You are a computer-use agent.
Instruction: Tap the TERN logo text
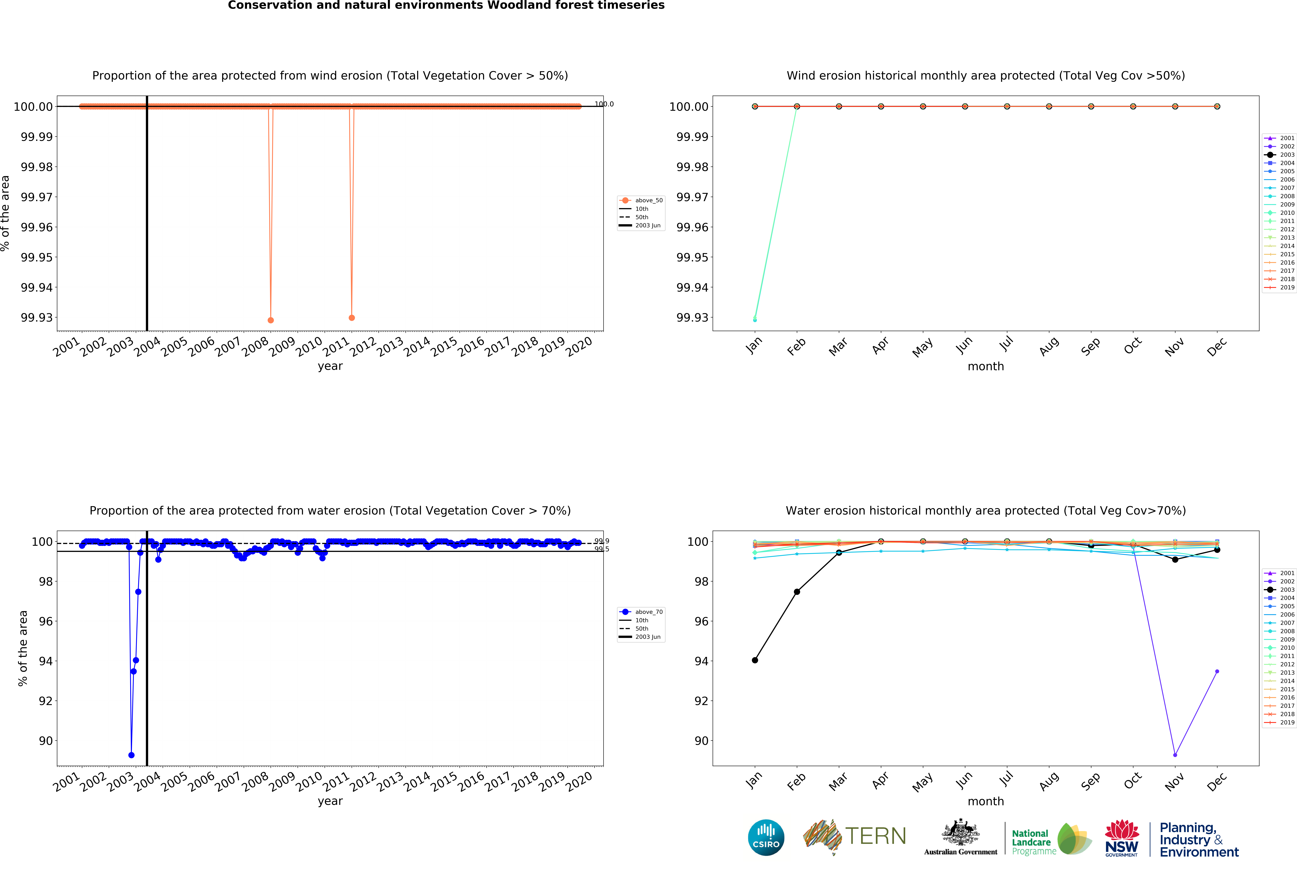[875, 836]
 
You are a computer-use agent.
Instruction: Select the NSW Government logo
[1121, 838]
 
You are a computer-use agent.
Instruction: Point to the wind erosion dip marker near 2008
[271, 320]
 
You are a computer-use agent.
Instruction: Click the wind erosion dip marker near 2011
[352, 318]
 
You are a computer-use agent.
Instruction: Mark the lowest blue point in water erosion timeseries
[131, 755]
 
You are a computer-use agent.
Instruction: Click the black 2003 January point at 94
[755, 660]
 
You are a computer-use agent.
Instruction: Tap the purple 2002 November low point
[1175, 755]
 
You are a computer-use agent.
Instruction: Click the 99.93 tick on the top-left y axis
[37, 318]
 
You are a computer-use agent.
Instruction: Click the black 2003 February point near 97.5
[797, 592]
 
